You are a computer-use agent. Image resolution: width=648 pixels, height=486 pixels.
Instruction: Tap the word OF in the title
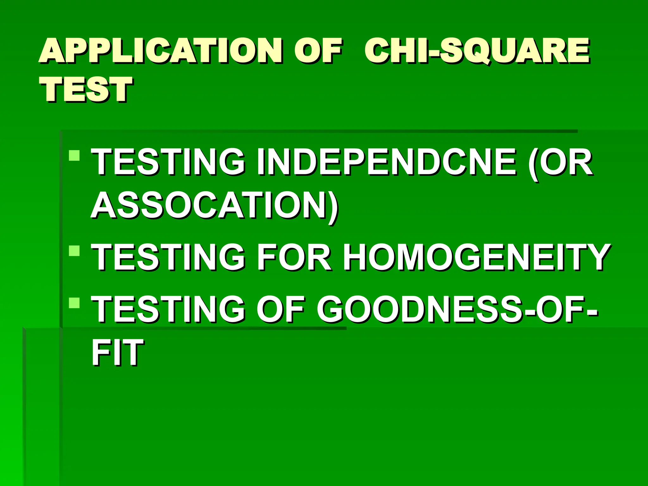coord(318,51)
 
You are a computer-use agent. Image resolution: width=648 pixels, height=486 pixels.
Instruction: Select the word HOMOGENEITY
coord(477,257)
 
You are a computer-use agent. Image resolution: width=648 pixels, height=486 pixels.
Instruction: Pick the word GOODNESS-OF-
coord(457,309)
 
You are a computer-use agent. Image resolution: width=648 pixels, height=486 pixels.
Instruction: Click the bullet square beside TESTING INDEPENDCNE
coord(74,155)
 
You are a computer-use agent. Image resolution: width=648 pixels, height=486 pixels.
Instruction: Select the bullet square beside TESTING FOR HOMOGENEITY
coord(74,251)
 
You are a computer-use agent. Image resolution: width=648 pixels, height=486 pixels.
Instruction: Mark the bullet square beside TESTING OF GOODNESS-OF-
coord(74,302)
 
